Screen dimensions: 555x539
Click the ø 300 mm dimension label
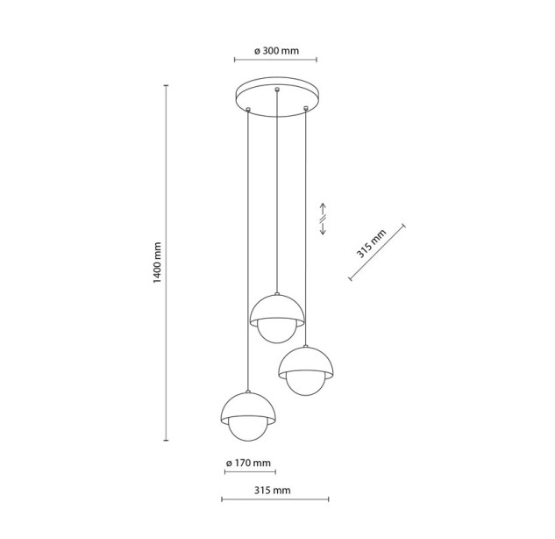276,51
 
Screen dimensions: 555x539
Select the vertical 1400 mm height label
157,262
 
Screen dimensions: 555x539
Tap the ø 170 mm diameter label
248,463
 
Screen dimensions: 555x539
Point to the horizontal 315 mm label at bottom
272,491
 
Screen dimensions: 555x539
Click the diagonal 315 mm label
371,243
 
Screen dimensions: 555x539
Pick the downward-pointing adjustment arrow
323,228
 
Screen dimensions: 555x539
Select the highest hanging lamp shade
277,309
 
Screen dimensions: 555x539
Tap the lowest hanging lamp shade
248,406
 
